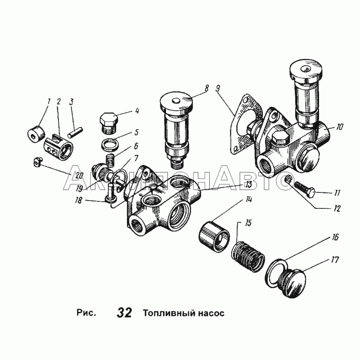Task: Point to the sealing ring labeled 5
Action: tap(109, 144)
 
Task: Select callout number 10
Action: tap(339, 126)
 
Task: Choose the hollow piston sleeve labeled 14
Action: tap(214, 235)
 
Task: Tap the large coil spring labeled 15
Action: tap(248, 256)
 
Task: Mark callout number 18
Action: tap(78, 200)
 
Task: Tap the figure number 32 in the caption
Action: tap(124, 312)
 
